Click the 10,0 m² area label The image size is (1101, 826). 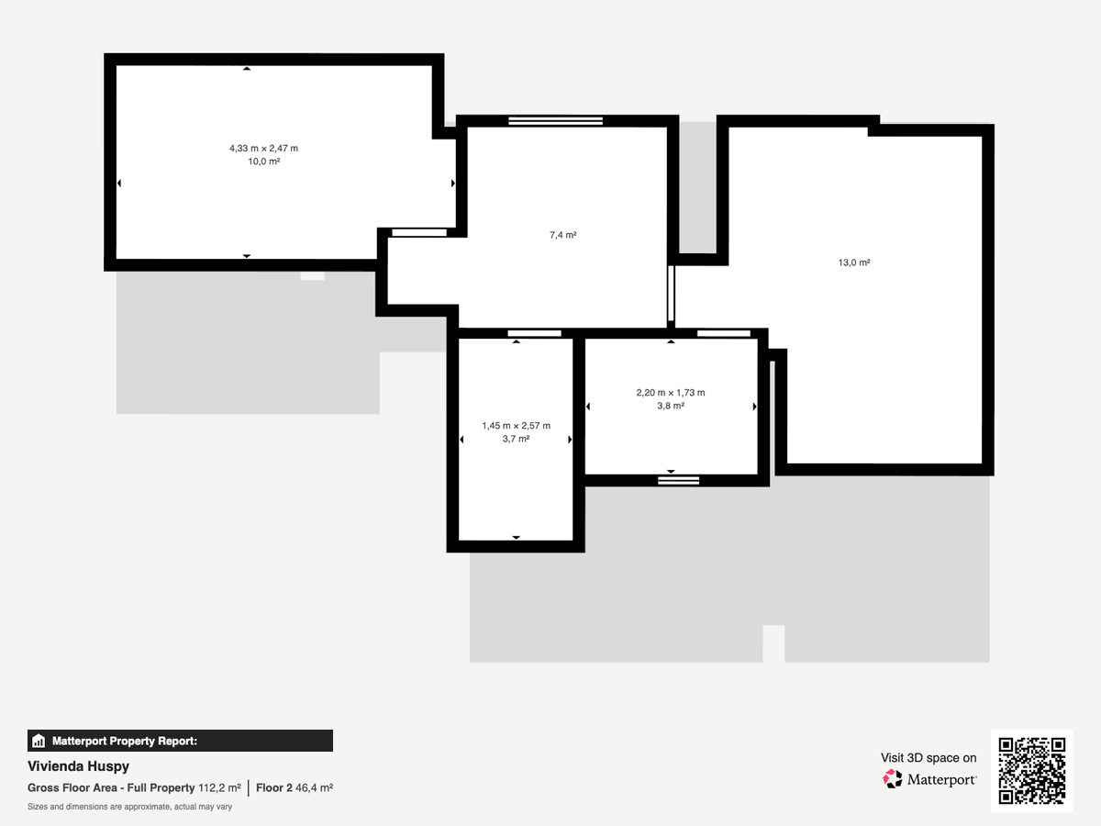click(x=264, y=162)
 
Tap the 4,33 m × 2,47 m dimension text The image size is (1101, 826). click(x=264, y=149)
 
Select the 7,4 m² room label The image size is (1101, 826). click(x=562, y=235)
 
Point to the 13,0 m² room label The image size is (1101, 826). click(x=853, y=262)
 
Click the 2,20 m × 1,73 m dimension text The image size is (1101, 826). click(x=671, y=393)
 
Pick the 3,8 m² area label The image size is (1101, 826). click(x=671, y=406)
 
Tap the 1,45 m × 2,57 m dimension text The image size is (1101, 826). click(x=517, y=426)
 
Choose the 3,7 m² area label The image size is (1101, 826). click(x=517, y=439)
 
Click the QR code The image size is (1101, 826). click(x=1032, y=771)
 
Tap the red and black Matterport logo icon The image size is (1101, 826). click(x=893, y=779)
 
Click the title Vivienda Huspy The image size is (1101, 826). click(x=78, y=766)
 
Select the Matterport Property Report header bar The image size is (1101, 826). click(x=180, y=741)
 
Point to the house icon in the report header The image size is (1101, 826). click(x=39, y=741)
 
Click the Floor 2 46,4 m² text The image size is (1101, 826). click(x=295, y=787)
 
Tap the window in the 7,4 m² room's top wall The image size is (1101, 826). click(x=555, y=121)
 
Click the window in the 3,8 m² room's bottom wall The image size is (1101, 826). click(x=678, y=481)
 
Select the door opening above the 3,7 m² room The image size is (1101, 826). click(x=534, y=333)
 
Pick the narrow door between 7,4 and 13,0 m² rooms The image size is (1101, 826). click(x=671, y=294)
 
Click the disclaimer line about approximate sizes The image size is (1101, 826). click(x=129, y=807)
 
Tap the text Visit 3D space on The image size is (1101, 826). click(x=929, y=758)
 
